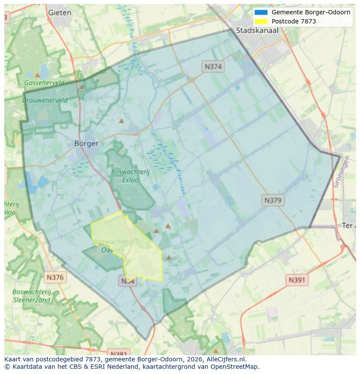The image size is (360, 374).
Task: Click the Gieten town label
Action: [x=60, y=13]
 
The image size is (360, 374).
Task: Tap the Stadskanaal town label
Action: [x=257, y=30]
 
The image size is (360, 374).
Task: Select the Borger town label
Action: [x=86, y=143]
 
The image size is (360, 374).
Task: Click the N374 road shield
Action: [x=213, y=66]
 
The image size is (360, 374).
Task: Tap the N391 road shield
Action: [x=297, y=280]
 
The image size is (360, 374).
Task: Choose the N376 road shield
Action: [x=55, y=277]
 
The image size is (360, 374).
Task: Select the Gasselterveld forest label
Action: [x=44, y=83]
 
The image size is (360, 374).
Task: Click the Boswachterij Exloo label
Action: [x=130, y=175]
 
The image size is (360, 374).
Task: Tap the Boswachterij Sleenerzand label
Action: [x=32, y=296]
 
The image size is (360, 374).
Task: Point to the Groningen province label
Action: [x=341, y=172]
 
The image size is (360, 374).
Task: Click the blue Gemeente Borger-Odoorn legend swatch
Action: [x=261, y=12]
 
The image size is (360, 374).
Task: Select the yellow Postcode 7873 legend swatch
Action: [x=261, y=21]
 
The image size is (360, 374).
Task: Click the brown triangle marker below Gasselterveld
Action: [x=82, y=86]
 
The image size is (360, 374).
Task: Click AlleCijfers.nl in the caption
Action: [x=225, y=359]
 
